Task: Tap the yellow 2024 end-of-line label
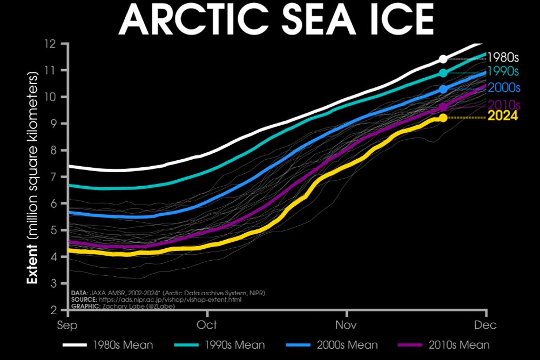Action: pyautogui.click(x=503, y=116)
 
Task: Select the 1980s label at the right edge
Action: pyautogui.click(x=503, y=58)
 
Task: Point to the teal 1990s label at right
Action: pyautogui.click(x=503, y=71)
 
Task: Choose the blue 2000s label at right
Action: pyautogui.click(x=503, y=87)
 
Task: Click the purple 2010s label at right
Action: pyautogui.click(x=503, y=105)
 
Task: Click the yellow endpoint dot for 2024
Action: pyautogui.click(x=443, y=118)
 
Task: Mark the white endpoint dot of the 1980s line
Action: pyautogui.click(x=443, y=59)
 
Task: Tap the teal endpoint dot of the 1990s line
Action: pyautogui.click(x=443, y=73)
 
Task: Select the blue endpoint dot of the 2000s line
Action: pyautogui.click(x=443, y=89)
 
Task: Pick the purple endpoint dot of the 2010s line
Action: pyautogui.click(x=443, y=107)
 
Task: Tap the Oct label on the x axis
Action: pyautogui.click(x=207, y=325)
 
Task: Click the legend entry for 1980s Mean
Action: pyautogui.click(x=107, y=345)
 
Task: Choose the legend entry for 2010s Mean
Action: pyautogui.click(x=443, y=345)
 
